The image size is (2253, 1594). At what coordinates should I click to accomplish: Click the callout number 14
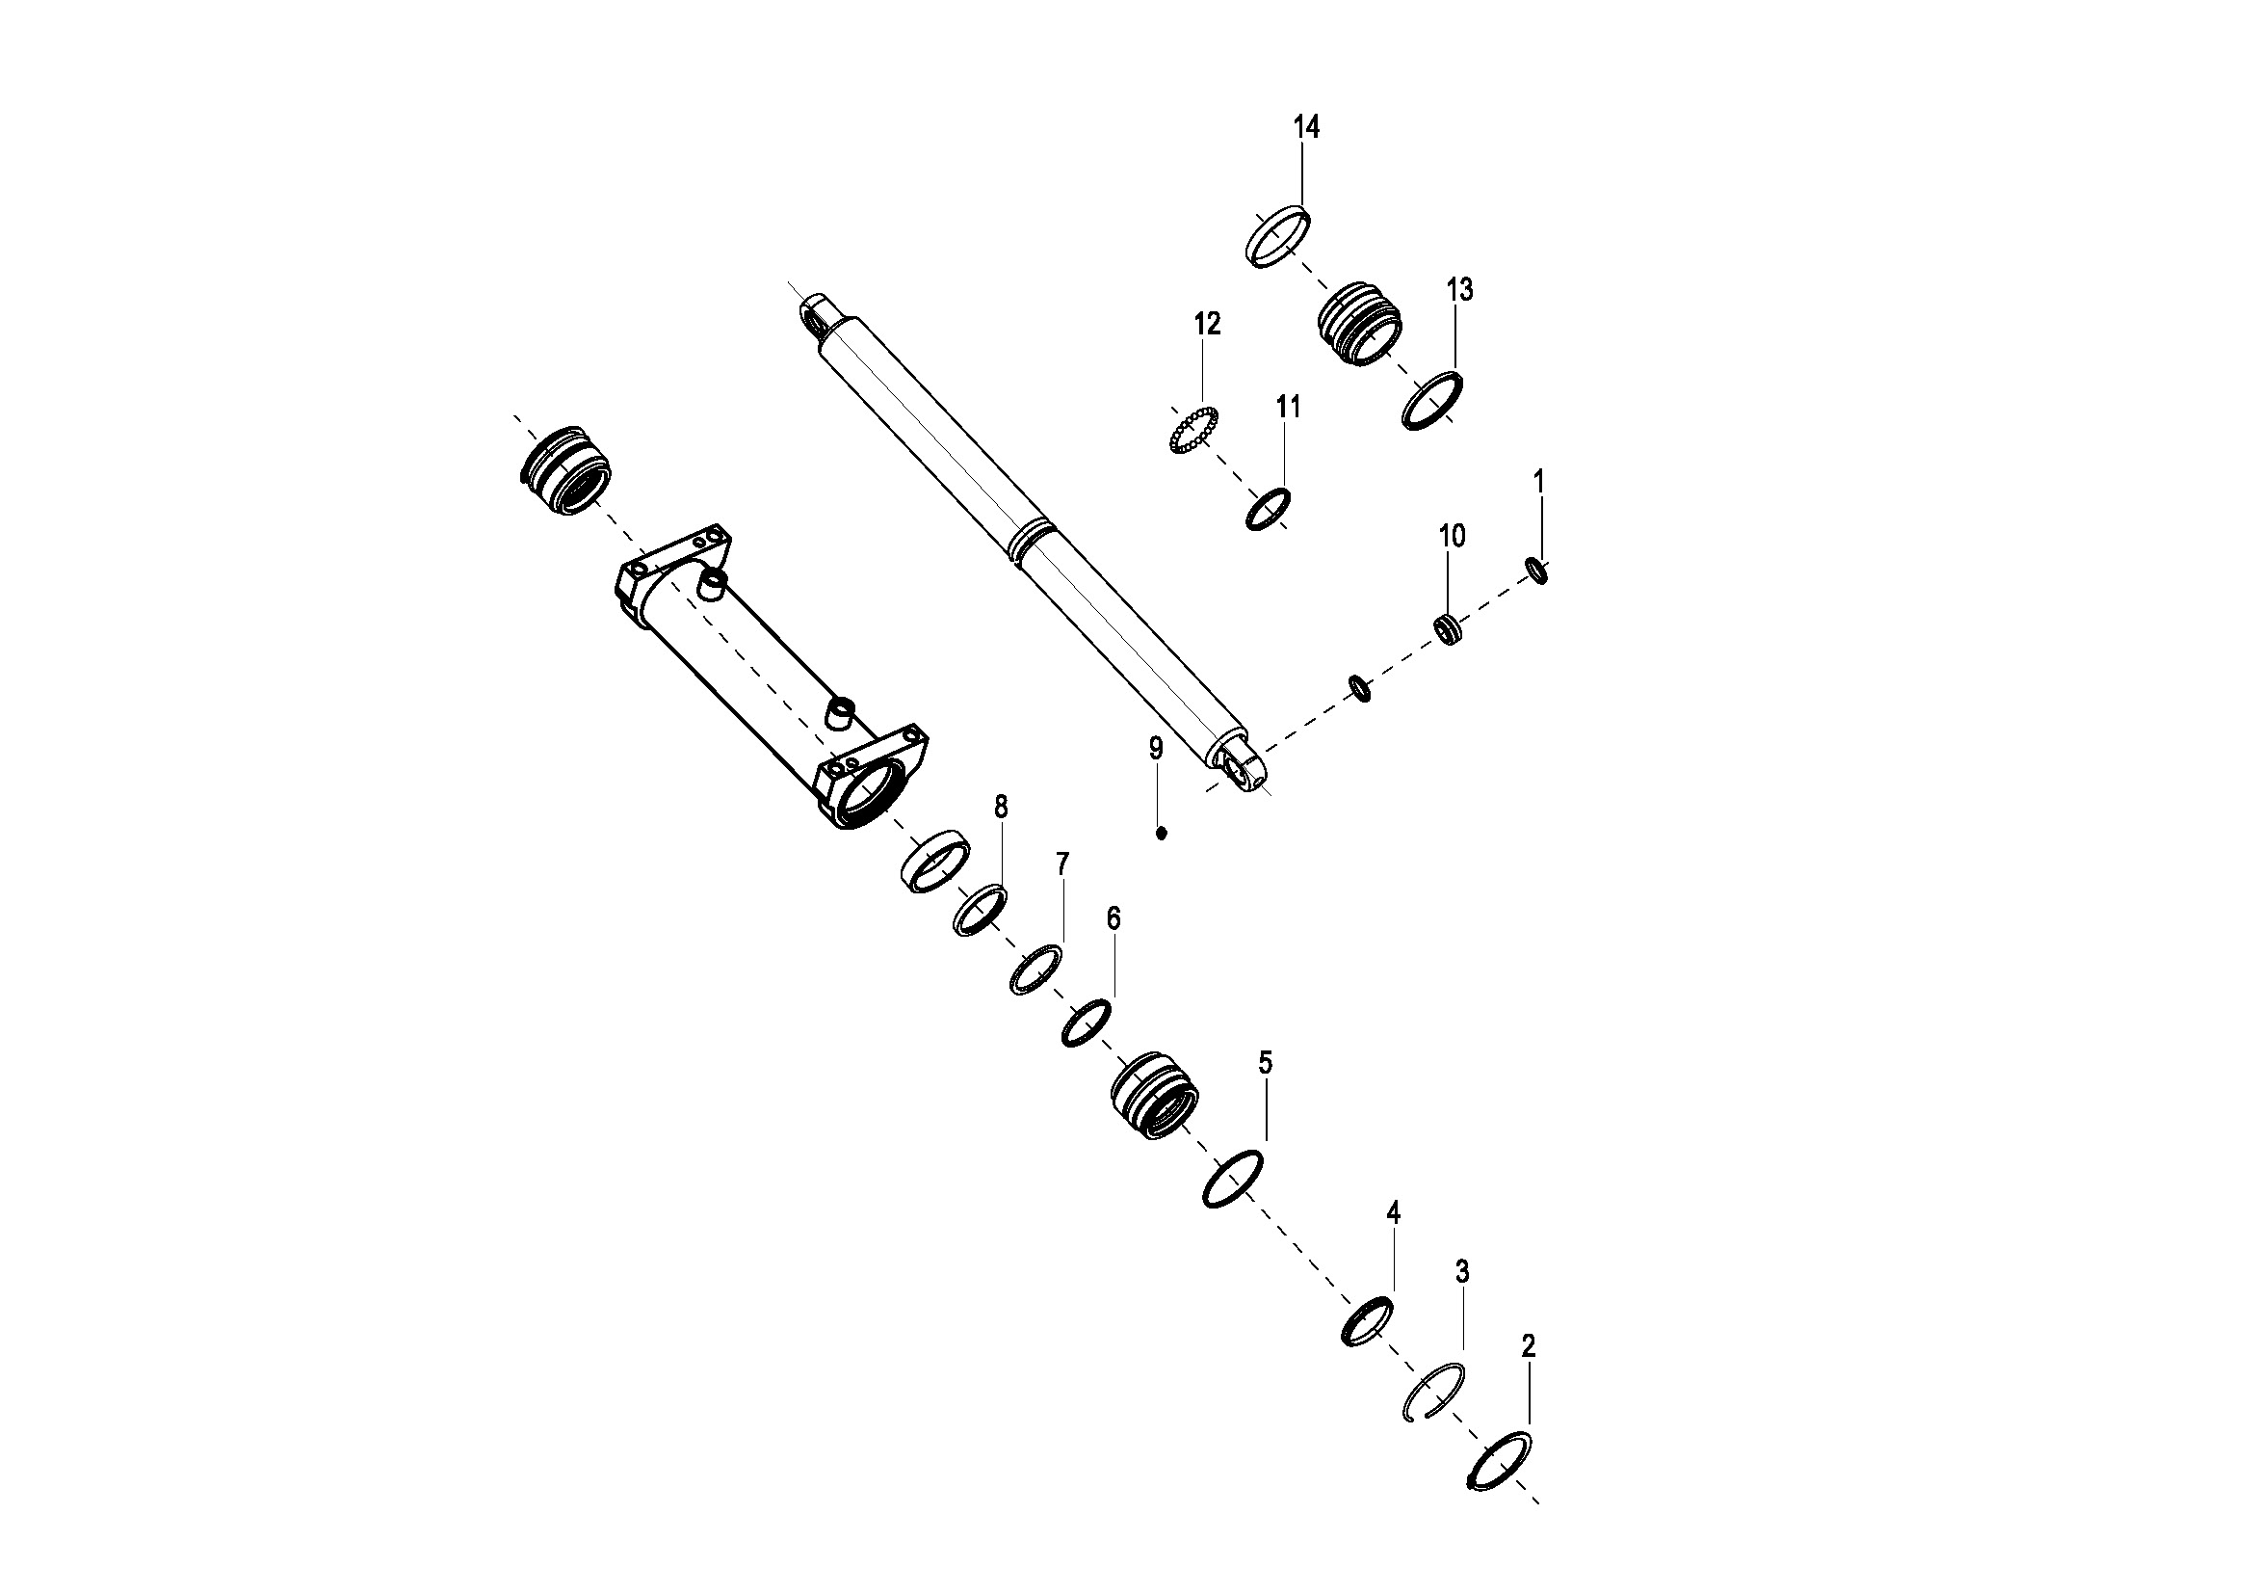pos(1306,127)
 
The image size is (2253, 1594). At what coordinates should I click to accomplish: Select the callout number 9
pos(1156,749)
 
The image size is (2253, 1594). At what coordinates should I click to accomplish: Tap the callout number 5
pos(1265,1062)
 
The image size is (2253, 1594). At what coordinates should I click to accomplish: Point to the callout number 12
pos(1207,324)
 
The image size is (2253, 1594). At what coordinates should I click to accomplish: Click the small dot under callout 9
pos(1162,834)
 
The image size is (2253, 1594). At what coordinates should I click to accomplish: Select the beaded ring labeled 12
pos(1193,430)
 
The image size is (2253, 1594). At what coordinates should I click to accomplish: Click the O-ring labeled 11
pos(1268,510)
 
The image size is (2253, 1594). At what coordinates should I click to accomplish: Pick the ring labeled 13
pos(1431,400)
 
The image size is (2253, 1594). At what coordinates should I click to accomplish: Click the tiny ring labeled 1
pos(1537,571)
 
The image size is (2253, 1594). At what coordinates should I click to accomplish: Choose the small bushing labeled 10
pos(1450,628)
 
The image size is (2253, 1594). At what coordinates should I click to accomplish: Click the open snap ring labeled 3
pos(1432,1392)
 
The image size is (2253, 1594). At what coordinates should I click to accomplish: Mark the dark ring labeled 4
pos(1367,1321)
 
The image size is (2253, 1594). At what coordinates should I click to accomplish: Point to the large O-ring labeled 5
pos(1233,1178)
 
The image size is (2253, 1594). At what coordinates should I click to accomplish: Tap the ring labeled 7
pos(1036,970)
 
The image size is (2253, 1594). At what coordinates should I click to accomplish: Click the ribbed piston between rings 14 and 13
pos(1359,325)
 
